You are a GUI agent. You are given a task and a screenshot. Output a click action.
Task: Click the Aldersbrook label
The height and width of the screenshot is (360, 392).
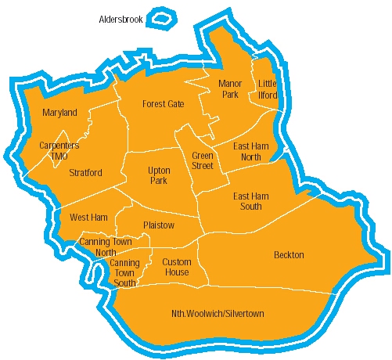(x=120, y=19)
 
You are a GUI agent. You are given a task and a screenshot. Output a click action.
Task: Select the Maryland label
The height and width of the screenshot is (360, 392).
(x=59, y=113)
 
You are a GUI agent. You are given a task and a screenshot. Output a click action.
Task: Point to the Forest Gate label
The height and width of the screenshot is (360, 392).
(x=163, y=103)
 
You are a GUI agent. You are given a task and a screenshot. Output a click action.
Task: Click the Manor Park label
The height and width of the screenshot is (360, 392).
(x=229, y=88)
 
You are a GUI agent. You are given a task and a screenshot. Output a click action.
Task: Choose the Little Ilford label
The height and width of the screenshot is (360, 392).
(x=268, y=89)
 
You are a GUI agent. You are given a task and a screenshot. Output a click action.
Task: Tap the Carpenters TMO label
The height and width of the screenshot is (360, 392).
(x=59, y=150)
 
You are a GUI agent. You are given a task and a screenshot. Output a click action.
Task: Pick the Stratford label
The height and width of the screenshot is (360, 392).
(x=85, y=172)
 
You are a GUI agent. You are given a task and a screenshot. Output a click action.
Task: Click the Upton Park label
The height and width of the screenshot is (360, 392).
(x=159, y=175)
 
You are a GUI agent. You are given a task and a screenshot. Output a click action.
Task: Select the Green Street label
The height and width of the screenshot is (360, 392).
(x=203, y=160)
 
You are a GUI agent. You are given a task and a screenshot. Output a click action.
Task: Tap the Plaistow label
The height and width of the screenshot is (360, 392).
(x=159, y=225)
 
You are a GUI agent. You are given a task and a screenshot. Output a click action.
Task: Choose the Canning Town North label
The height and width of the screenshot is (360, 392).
(x=98, y=247)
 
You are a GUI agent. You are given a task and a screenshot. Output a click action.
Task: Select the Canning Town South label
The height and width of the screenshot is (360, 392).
(x=124, y=272)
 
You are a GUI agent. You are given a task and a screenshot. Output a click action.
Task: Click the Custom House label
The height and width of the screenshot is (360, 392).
(x=176, y=267)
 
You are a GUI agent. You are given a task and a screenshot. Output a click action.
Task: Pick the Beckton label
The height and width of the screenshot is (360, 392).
(x=289, y=255)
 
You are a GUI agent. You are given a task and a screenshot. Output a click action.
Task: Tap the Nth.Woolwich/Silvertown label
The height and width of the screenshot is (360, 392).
(x=218, y=314)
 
